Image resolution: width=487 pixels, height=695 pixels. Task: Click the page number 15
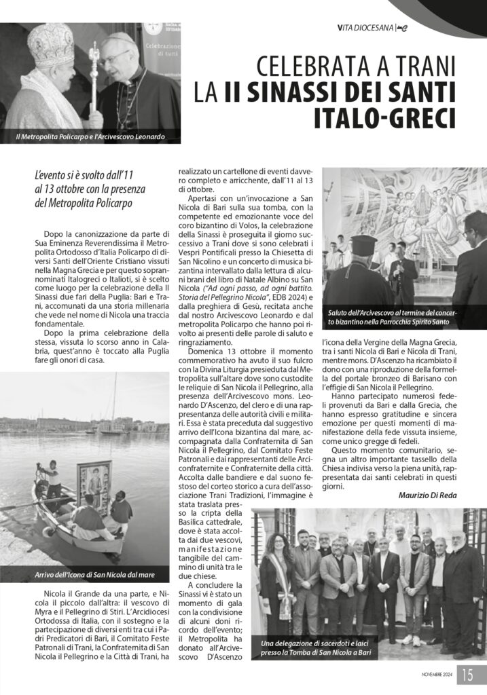(x=468, y=675)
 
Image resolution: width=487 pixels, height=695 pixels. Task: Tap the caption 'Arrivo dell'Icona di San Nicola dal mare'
(x=95, y=575)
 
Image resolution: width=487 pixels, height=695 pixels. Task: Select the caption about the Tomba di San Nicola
(x=316, y=647)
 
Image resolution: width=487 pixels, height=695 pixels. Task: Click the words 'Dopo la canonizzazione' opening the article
(x=86, y=233)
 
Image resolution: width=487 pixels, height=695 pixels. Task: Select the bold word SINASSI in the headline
(x=306, y=92)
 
